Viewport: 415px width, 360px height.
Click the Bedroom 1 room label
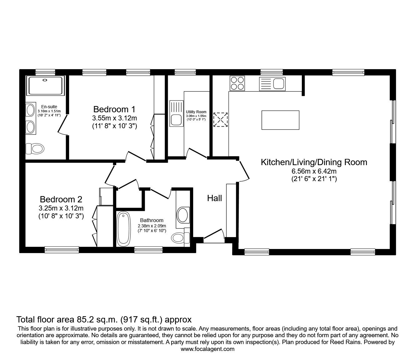(x=114, y=109)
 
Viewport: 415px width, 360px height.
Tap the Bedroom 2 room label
(x=61, y=200)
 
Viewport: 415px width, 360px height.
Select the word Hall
(x=214, y=198)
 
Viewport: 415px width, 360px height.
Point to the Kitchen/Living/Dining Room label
(x=314, y=162)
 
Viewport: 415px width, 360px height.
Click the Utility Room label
(x=196, y=112)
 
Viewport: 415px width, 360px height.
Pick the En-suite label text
(x=49, y=107)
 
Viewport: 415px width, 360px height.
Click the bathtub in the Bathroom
(x=123, y=229)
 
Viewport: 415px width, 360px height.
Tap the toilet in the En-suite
(x=35, y=149)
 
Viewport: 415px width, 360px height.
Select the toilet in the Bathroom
(x=180, y=238)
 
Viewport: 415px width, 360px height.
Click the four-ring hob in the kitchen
(x=237, y=84)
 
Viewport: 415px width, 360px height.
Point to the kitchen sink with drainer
(x=272, y=84)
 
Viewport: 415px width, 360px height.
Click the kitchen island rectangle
(x=281, y=120)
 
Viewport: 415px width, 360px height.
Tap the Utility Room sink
(x=177, y=114)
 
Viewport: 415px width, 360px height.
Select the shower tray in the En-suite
(x=46, y=86)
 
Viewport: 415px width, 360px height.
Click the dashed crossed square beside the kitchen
(x=220, y=119)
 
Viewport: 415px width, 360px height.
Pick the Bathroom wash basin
(x=183, y=215)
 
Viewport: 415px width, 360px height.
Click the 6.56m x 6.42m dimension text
(x=314, y=171)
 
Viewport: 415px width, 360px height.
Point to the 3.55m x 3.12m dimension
(x=114, y=118)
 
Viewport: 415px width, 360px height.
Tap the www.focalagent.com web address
(x=207, y=349)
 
